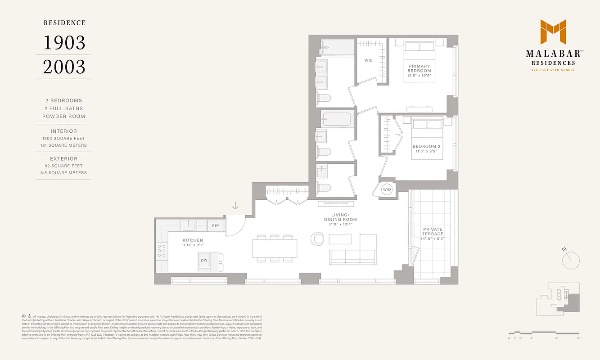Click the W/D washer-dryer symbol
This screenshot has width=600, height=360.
click(x=387, y=190)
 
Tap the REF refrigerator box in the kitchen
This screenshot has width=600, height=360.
click(x=216, y=226)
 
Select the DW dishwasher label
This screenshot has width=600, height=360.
click(x=204, y=261)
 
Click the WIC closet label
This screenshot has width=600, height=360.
click(x=369, y=60)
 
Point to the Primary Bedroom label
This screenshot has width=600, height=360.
click(x=419, y=68)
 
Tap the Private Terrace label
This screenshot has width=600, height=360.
click(x=433, y=231)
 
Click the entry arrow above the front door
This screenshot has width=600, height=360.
click(x=235, y=206)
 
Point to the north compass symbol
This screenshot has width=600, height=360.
click(x=571, y=260)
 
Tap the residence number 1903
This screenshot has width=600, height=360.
click(x=64, y=43)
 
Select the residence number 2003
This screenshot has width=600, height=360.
click(x=64, y=67)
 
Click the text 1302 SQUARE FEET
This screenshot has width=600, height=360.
click(x=63, y=139)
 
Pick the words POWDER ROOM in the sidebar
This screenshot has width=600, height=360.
click(x=63, y=117)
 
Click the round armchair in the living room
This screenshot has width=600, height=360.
click(x=318, y=238)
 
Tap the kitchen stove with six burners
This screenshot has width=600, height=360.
click(x=161, y=252)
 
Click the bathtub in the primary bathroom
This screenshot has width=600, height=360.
click(x=338, y=47)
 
